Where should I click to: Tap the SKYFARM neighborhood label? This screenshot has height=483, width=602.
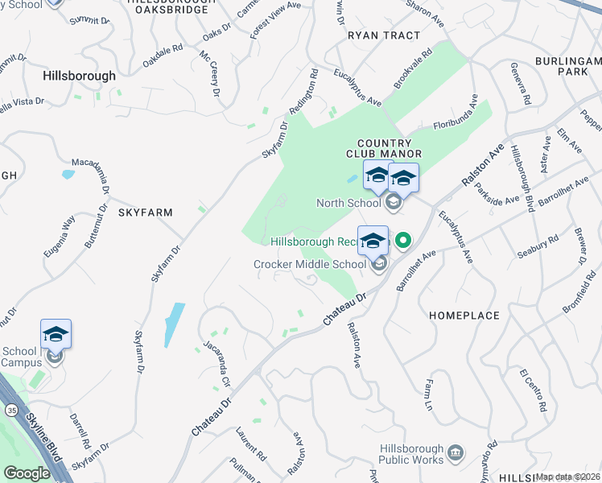[146, 212]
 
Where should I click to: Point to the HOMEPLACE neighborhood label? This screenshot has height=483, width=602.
[464, 316]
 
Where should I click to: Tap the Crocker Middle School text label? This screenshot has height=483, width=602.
[310, 264]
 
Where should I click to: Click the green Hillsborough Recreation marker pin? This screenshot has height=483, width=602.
[403, 240]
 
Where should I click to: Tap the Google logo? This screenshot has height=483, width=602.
[27, 473]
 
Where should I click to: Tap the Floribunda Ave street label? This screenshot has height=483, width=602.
[456, 114]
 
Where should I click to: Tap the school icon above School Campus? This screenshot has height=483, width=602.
[56, 334]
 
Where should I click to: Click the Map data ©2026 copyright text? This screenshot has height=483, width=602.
[567, 477]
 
